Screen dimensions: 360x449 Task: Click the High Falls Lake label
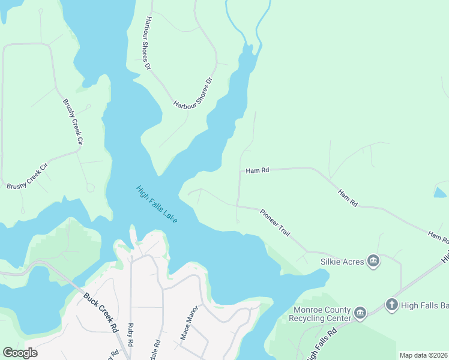tap(157, 205)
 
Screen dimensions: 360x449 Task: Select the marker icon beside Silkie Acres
tap(373, 262)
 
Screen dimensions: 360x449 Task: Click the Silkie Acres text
tap(343, 262)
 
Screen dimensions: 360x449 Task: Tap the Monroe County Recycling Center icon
tap(360, 313)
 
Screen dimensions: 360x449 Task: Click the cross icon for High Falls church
tap(391, 305)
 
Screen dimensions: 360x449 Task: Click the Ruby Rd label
tap(131, 336)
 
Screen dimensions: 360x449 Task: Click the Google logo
tap(20, 353)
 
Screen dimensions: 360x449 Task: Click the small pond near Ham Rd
tap(439, 193)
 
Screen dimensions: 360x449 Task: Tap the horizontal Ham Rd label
tap(258, 171)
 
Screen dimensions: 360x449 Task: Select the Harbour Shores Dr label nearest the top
tap(146, 43)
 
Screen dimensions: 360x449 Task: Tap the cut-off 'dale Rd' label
tap(157, 350)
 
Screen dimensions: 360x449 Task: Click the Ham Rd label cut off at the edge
tap(437, 236)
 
